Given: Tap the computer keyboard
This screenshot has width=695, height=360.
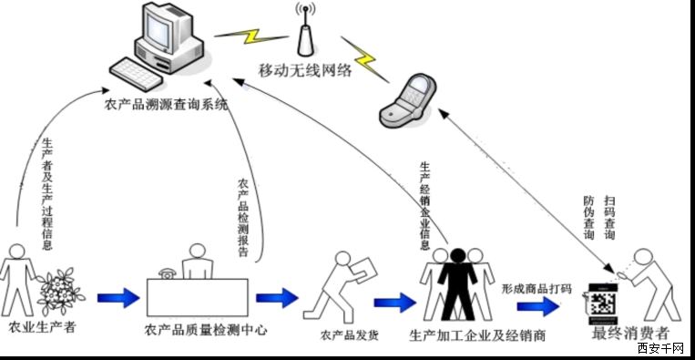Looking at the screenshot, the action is [x=136, y=74].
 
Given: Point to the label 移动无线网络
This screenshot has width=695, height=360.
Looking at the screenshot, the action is [x=305, y=70].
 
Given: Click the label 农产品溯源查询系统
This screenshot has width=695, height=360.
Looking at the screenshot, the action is [x=166, y=105].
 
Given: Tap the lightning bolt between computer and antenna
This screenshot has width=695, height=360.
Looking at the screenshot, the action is [x=250, y=36].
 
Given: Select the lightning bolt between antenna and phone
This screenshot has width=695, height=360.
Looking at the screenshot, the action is [x=364, y=59].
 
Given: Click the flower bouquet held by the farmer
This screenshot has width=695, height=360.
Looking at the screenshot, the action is [x=60, y=291].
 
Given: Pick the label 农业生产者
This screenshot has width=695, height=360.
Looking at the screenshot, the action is [x=42, y=328].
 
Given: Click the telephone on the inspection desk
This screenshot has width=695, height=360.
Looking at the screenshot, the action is [x=167, y=273].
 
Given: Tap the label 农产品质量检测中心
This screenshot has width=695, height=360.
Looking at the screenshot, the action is [x=206, y=330].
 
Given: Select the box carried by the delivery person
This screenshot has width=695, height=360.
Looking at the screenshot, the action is [x=363, y=269].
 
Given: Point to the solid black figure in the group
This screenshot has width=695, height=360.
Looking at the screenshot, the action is [x=457, y=283].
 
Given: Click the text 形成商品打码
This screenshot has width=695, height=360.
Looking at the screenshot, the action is [x=537, y=290].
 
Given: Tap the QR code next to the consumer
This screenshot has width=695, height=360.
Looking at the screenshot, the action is [x=603, y=304].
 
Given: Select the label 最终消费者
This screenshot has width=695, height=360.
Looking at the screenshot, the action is [x=629, y=333].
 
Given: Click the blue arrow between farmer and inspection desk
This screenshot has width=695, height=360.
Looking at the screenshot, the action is [x=118, y=297].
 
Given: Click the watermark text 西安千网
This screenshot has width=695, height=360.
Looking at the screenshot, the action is [x=662, y=348].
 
